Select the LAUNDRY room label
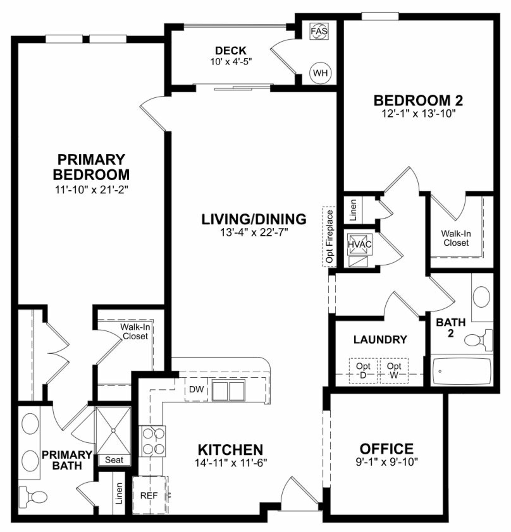[x=380, y=339]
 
